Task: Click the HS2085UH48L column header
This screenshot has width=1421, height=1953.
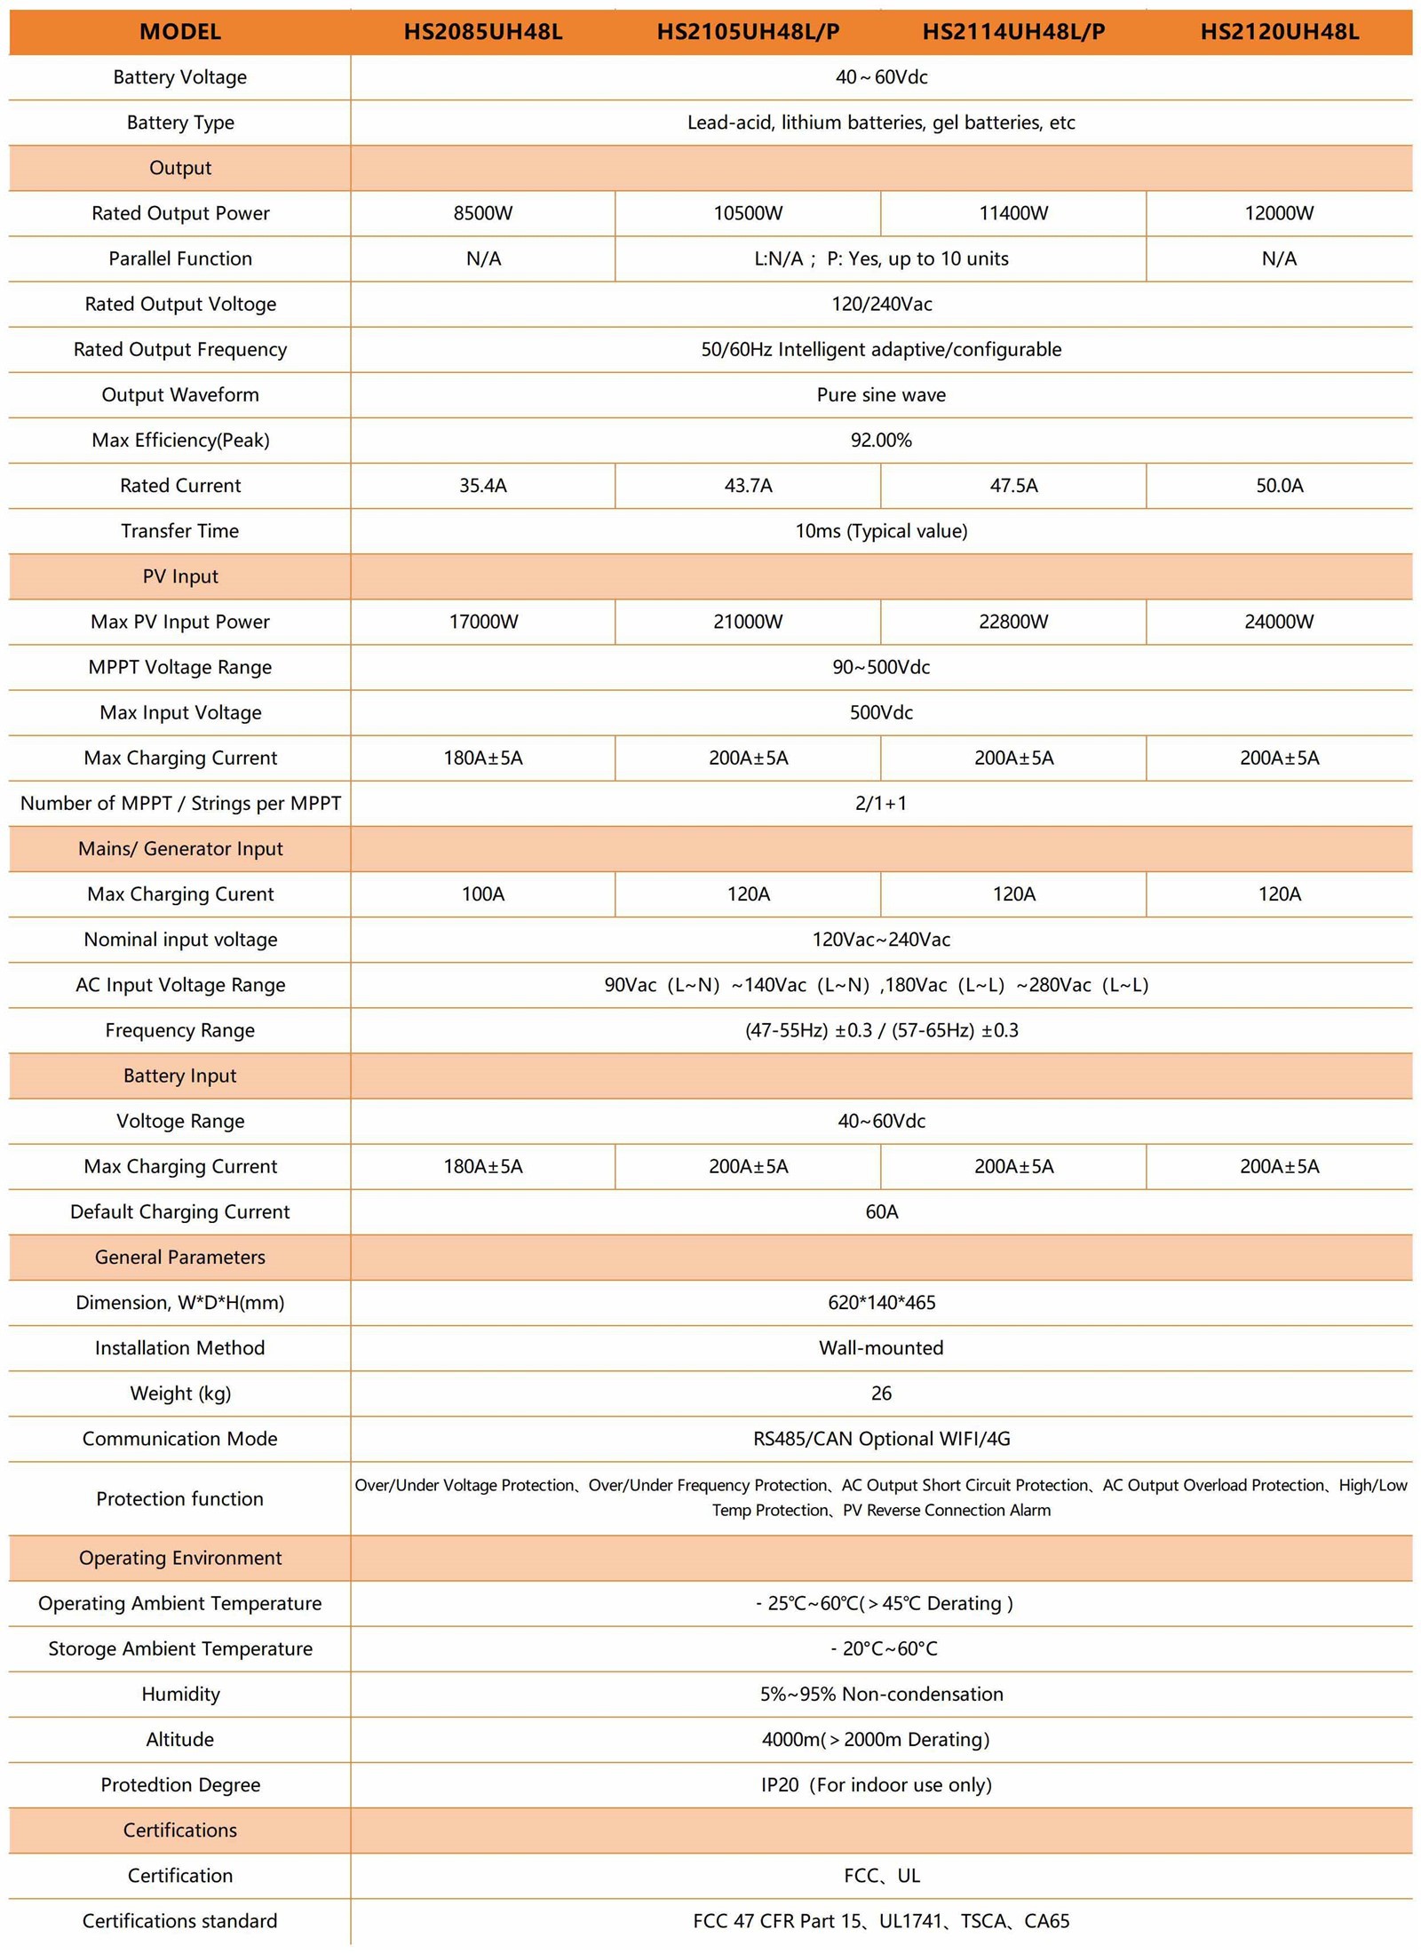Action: point(482,32)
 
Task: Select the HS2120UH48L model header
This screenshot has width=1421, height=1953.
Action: point(1279,32)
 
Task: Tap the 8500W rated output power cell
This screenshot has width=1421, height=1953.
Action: point(482,213)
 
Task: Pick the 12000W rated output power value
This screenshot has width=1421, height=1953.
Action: point(1279,213)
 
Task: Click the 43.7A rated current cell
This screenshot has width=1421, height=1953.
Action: point(748,486)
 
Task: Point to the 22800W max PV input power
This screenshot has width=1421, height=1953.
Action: point(1013,622)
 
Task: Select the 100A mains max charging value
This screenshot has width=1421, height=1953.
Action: point(482,894)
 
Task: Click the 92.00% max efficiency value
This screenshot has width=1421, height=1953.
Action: point(881,441)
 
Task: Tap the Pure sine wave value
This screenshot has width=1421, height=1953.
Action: point(881,395)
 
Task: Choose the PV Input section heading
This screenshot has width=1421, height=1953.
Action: point(180,576)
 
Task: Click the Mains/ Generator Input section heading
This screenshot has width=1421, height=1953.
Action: point(180,849)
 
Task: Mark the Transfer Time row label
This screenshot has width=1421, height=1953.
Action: point(180,531)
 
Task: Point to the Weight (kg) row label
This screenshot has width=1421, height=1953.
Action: point(180,1393)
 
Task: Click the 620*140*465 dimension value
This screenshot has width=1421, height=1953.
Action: point(881,1303)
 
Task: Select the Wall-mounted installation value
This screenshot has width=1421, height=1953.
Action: point(881,1348)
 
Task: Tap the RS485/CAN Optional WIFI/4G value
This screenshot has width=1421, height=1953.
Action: point(881,1439)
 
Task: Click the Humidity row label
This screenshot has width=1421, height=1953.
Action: point(180,1694)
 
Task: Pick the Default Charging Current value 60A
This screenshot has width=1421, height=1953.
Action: point(881,1212)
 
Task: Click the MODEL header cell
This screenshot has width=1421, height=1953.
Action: point(180,32)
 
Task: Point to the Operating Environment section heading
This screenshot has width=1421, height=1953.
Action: point(180,1558)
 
